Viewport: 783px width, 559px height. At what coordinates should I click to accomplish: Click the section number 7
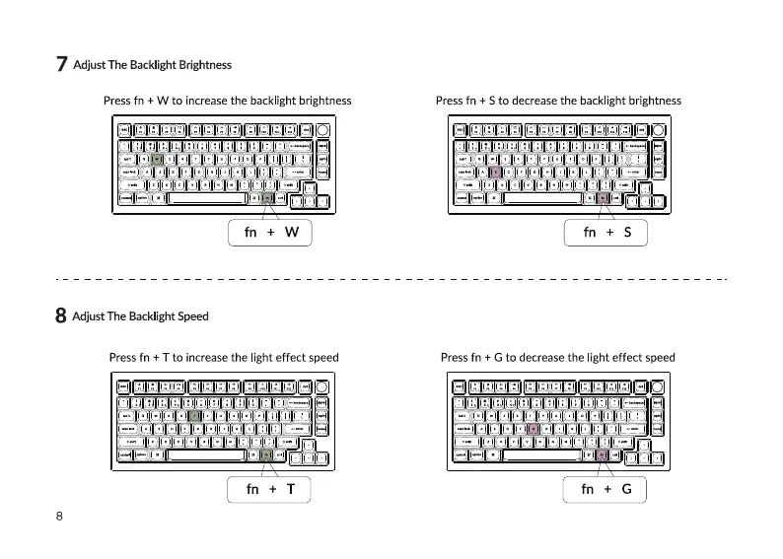pyautogui.click(x=61, y=65)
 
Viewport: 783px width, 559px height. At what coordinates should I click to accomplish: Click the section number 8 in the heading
pyautogui.click(x=61, y=316)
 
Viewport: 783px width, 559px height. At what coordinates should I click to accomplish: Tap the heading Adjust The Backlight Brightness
pyautogui.click(x=153, y=65)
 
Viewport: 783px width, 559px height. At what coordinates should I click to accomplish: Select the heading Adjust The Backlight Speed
pyautogui.click(x=141, y=316)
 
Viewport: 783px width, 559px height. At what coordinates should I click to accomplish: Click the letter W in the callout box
pyautogui.click(x=291, y=233)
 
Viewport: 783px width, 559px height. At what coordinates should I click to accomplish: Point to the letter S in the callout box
pyautogui.click(x=627, y=233)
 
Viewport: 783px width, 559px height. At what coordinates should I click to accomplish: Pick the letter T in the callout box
pyautogui.click(x=291, y=489)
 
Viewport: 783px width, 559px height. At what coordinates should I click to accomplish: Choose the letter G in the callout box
pyautogui.click(x=626, y=489)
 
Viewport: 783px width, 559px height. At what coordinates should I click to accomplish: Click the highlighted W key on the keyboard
pyautogui.click(x=157, y=158)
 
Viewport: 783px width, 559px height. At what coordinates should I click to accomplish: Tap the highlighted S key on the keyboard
pyautogui.click(x=496, y=171)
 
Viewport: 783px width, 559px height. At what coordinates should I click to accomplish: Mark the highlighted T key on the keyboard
pyautogui.click(x=194, y=415)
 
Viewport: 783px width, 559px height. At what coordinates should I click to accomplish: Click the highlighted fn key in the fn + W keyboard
pyautogui.click(x=266, y=197)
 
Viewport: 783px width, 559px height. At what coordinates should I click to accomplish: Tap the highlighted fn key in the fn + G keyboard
pyautogui.click(x=601, y=454)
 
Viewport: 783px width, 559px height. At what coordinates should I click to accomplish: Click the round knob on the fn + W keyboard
pyautogui.click(x=323, y=130)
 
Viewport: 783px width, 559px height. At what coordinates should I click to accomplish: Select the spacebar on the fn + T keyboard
pyautogui.click(x=206, y=454)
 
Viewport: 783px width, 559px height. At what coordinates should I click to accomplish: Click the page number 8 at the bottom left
pyautogui.click(x=59, y=517)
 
